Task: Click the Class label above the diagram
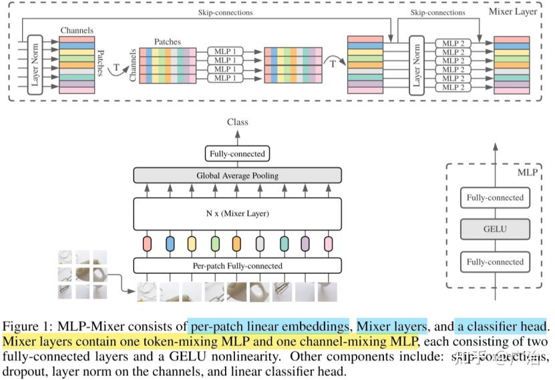(x=237, y=122)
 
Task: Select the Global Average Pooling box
(x=237, y=176)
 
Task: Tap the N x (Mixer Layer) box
(x=237, y=214)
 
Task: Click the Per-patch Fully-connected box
(x=237, y=266)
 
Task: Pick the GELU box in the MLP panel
(x=494, y=229)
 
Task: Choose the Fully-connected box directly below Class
(x=237, y=154)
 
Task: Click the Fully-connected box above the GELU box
(x=494, y=198)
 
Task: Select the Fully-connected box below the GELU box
(x=494, y=261)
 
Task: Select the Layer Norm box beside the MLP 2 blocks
(x=417, y=65)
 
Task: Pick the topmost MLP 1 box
(x=225, y=51)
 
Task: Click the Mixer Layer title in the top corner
(x=514, y=11)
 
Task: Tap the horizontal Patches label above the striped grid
(x=167, y=41)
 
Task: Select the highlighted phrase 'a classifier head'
(x=501, y=327)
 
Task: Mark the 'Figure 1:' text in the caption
(x=28, y=327)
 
